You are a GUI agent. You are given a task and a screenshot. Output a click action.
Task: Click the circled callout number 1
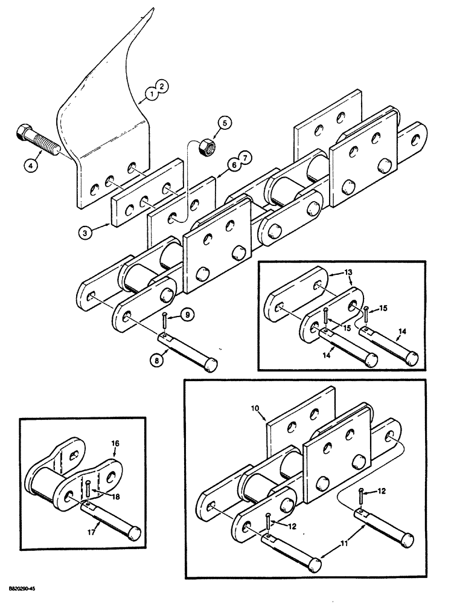tap(152, 94)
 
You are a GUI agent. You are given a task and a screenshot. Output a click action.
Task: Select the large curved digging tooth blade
tap(109, 103)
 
